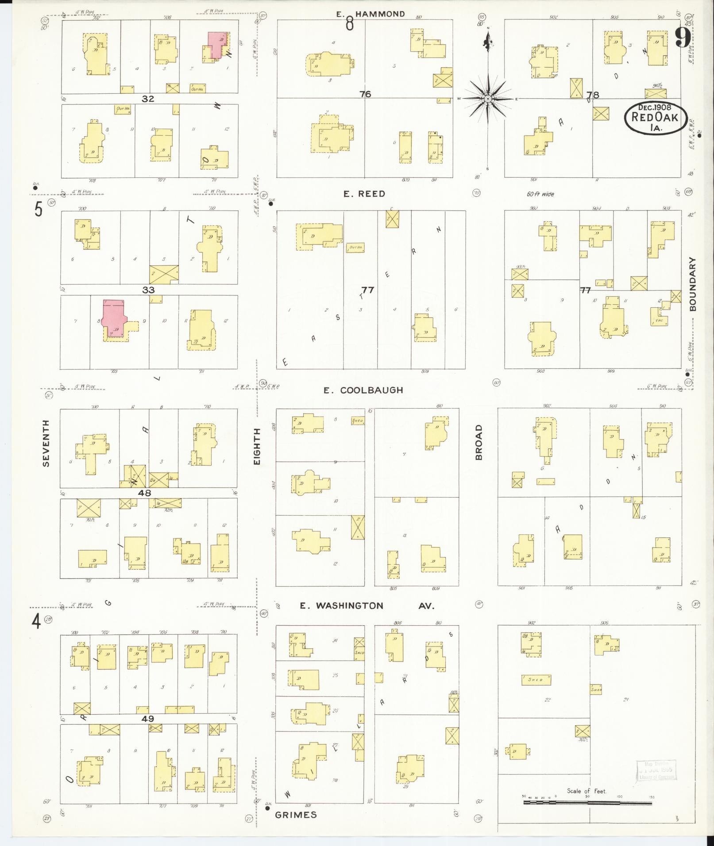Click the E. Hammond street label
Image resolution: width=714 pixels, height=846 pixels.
370,14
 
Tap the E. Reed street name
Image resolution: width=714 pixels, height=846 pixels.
364,194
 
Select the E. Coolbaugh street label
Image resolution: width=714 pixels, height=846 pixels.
363,390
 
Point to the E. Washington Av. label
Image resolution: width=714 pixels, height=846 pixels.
367,605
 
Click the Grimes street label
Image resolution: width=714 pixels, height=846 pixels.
296,815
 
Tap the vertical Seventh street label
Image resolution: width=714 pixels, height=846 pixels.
46,443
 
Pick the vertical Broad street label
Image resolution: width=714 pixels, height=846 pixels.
479,442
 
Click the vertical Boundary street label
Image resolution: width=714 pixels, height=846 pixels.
693,284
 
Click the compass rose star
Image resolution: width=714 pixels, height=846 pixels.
487,99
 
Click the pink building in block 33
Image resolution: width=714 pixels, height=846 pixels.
113,318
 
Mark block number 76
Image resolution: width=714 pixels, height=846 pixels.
365,94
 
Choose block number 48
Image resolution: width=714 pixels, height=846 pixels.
144,493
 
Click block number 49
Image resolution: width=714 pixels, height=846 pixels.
147,719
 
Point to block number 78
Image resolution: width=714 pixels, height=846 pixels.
592,95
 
